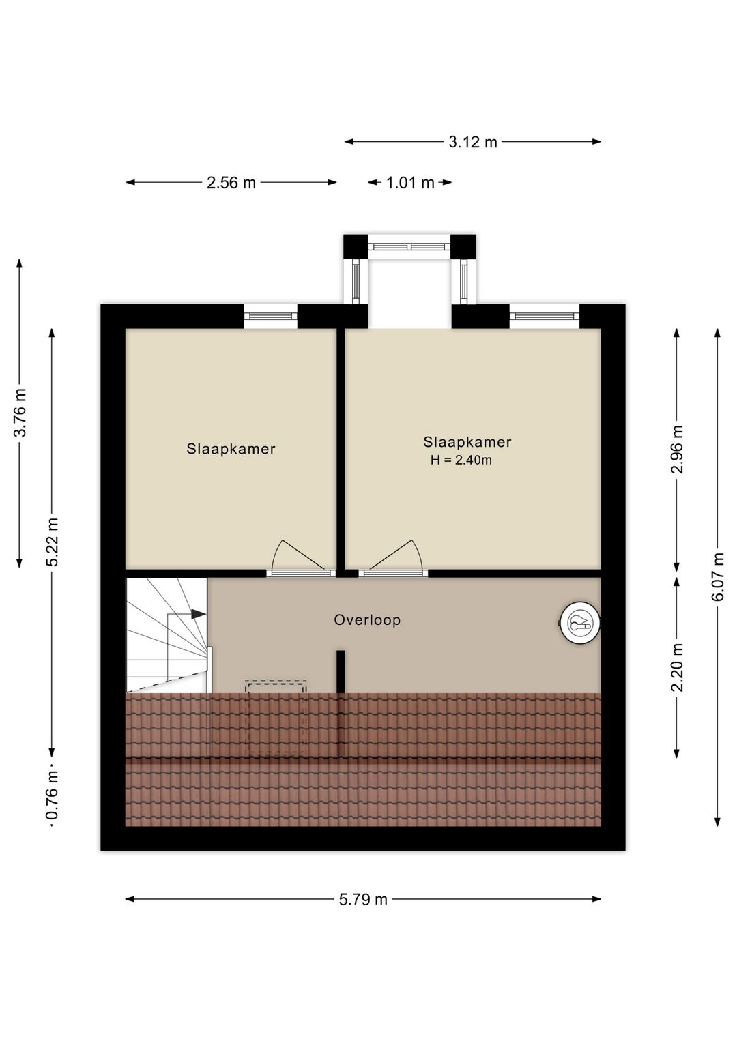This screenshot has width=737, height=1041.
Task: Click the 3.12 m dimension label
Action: pos(473,142)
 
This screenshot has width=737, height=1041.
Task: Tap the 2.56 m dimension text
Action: pos(231,183)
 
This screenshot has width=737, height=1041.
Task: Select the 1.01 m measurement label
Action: pos(410,183)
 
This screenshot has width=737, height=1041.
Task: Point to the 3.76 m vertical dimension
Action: pos(20,412)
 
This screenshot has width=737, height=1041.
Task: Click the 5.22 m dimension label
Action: pos(53,542)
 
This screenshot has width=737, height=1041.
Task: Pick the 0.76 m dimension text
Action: pos(53,795)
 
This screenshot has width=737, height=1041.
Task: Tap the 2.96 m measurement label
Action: pos(677,449)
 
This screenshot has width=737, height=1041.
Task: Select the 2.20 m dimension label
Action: pos(677,667)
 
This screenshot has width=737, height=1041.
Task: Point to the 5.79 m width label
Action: pos(363,899)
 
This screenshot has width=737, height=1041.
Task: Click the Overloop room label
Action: pos(367,620)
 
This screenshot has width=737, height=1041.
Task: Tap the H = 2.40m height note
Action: pos(461,460)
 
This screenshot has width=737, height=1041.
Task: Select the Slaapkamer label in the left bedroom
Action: pos(231,449)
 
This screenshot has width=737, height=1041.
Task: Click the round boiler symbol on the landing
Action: pos(580,623)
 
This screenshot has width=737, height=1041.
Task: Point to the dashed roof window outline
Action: pos(276,716)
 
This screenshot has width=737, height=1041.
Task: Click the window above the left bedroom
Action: pos(271,316)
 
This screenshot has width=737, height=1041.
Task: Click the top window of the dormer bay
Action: pos(409,246)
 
